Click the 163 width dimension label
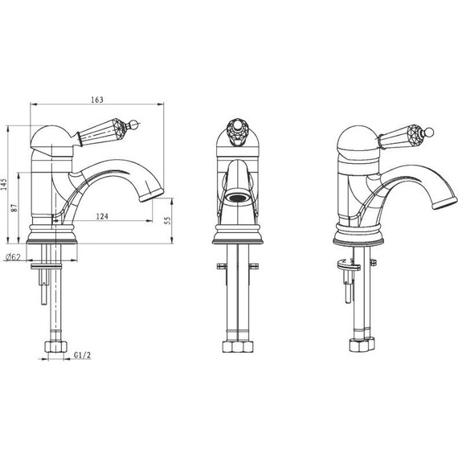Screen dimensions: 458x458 pyautogui.click(x=97, y=100)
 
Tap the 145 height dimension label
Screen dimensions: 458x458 pyautogui.click(x=4, y=184)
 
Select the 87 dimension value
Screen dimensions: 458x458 pyautogui.click(x=14, y=208)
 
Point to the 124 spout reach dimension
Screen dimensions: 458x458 pyautogui.click(x=102, y=216)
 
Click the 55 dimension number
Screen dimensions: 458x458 pyautogui.click(x=167, y=220)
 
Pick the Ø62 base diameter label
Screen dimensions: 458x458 pyautogui.click(x=13, y=257)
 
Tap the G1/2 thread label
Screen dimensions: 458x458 pyautogui.click(x=82, y=355)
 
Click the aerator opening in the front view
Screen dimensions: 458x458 pyautogui.click(x=238, y=198)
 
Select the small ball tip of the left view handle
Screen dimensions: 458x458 pyautogui.click(x=135, y=124)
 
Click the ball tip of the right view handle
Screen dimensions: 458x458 pyautogui.click(x=430, y=132)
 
